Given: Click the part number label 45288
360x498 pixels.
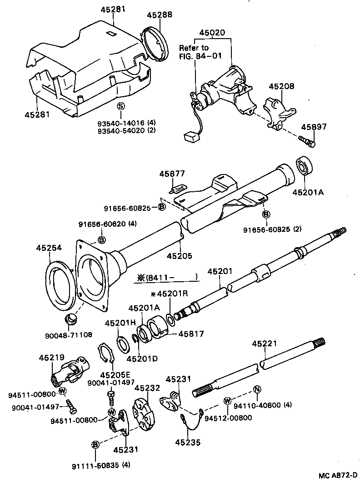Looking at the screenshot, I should click(x=159, y=15).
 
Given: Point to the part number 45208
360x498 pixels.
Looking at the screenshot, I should click(x=281, y=86).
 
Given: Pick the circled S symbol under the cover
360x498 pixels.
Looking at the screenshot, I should click(x=120, y=106).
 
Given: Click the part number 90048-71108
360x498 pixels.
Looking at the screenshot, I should click(x=68, y=335).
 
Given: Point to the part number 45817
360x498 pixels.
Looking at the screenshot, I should click(x=191, y=334).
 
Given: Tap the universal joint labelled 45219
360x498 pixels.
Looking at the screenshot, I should click(x=70, y=371).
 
